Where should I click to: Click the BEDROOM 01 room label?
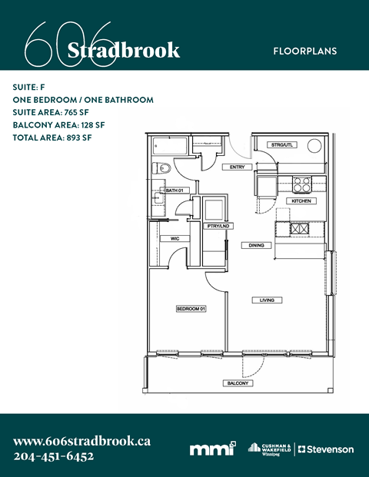(x=191, y=309)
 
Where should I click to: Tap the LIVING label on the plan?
(x=268, y=300)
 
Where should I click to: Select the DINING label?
(x=256, y=246)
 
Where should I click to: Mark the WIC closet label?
(x=175, y=239)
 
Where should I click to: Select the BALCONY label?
(x=237, y=383)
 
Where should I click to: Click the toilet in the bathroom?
(x=158, y=168)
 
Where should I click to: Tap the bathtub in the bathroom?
(x=169, y=145)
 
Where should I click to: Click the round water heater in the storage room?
(x=314, y=146)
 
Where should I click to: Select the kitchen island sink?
(x=299, y=229)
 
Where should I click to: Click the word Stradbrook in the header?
(x=124, y=51)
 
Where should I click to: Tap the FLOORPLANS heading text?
(x=304, y=51)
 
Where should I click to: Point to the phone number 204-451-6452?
(x=54, y=456)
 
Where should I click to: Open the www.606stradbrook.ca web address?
(x=81, y=441)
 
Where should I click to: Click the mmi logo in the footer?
(x=212, y=449)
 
